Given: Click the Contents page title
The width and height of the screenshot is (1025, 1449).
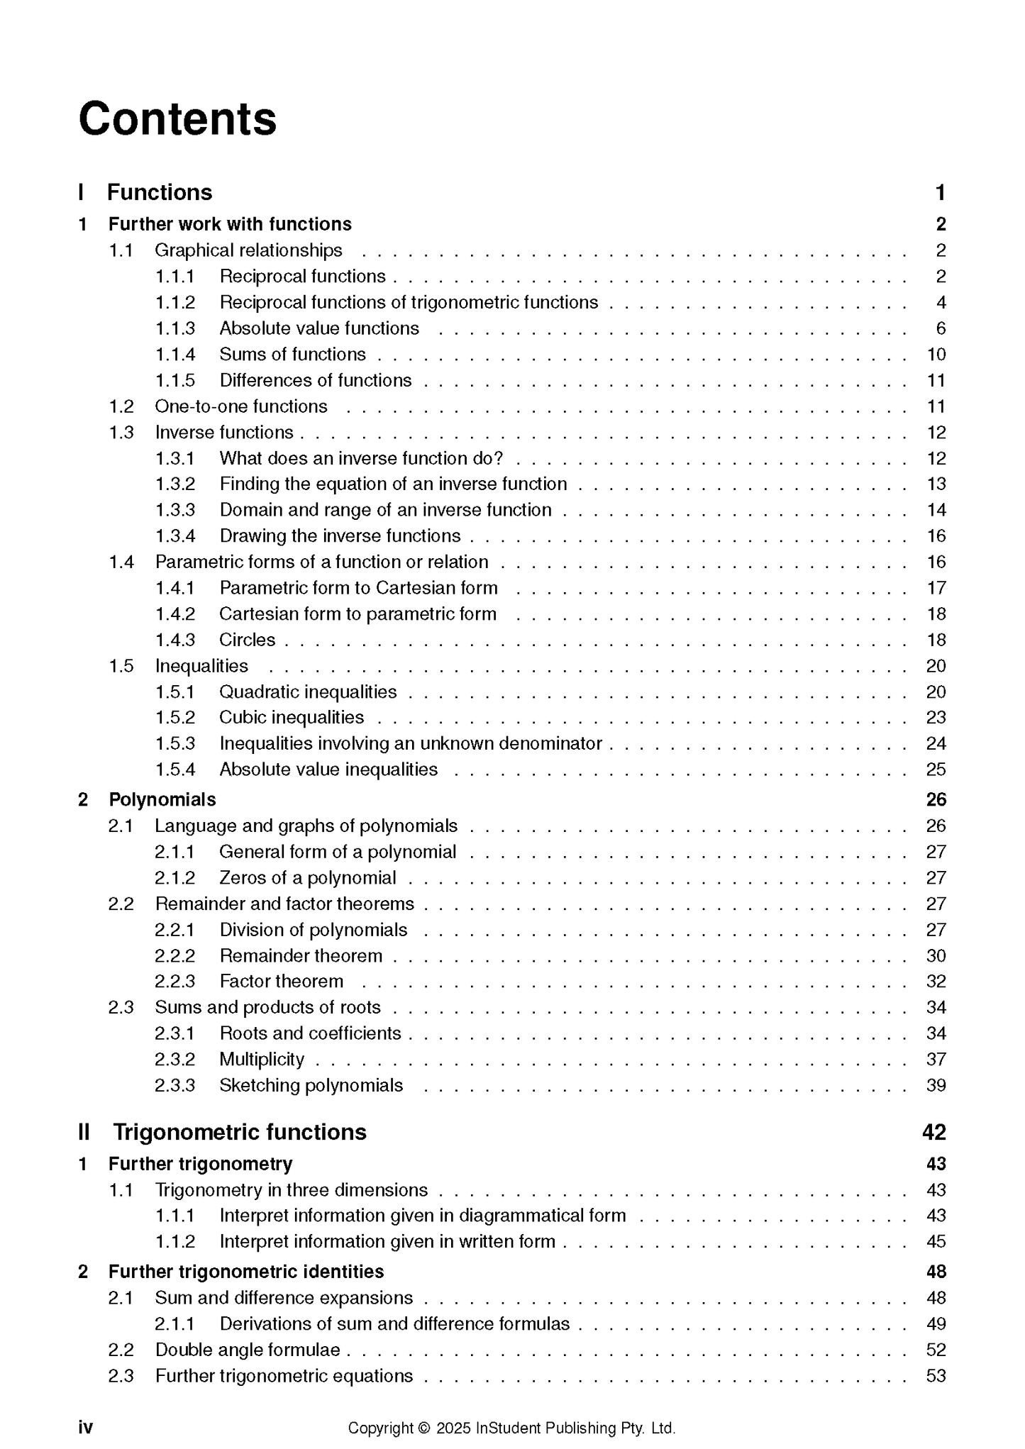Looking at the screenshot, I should pos(177,118).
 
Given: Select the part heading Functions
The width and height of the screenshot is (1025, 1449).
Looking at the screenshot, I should pos(160,192).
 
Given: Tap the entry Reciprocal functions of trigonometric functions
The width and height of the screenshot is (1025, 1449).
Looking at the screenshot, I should pos(409,302).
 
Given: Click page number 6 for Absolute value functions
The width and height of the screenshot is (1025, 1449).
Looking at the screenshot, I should pos(941,328).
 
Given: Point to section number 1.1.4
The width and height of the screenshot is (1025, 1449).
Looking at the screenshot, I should pos(175,354).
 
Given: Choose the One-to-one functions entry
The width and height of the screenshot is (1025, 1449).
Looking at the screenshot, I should pos(241,406).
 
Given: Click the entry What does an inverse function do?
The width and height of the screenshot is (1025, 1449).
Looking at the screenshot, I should pos(361,458).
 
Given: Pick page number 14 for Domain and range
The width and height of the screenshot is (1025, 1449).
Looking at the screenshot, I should pos(936,510).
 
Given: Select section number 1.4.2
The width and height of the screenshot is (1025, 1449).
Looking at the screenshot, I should pos(175,614).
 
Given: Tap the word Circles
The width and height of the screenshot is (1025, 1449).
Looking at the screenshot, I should pos(247,640).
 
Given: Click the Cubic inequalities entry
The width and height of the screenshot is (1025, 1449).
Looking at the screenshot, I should pos(292,717).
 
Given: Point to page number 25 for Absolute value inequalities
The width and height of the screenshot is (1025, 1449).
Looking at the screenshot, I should pos(936,770).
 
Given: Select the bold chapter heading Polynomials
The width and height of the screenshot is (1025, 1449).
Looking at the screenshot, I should pos(162,799).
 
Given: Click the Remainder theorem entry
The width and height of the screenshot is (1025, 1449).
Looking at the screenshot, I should pos(301,955).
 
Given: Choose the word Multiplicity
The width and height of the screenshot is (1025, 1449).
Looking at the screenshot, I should pos(262,1059).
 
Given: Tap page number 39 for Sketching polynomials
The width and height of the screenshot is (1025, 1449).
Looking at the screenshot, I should pos(936,1085).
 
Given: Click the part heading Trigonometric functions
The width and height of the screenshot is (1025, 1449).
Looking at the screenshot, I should pos(240,1132).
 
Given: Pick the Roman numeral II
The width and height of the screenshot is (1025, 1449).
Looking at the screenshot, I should pos(84,1132).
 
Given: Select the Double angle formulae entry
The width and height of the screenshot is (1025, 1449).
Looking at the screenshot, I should pos(248,1350).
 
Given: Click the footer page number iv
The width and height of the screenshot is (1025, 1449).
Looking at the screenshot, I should pos(85,1427).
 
